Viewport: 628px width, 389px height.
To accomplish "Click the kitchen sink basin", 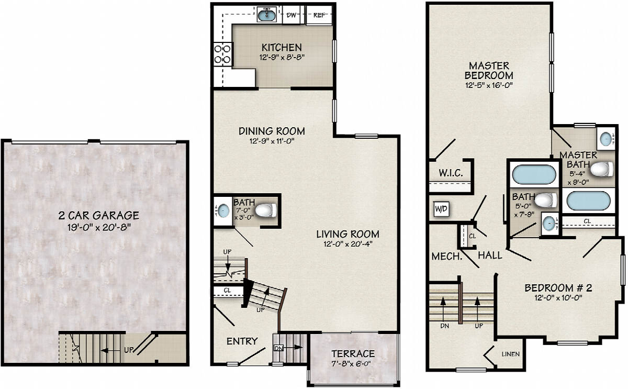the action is (266, 15).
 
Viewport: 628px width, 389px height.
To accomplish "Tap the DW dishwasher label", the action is (291, 15).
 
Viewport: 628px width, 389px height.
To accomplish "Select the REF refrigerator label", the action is (319, 15).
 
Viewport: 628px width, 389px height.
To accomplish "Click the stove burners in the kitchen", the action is (222, 54).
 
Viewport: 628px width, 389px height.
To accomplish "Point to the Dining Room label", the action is (272, 131).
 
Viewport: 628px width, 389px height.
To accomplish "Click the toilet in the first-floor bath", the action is (266, 210).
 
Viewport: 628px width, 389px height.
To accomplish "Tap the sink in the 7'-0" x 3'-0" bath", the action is (223, 210).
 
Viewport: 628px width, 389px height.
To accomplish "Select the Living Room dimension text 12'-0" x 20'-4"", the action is (347, 244).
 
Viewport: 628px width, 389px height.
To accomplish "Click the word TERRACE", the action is (353, 354).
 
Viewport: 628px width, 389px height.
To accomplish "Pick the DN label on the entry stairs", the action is (278, 348).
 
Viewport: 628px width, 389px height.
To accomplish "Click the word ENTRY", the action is (242, 341).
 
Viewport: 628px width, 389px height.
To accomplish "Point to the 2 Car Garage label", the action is (99, 215).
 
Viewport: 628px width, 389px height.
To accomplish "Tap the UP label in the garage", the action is (129, 350).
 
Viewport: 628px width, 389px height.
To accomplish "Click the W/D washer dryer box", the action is (441, 209).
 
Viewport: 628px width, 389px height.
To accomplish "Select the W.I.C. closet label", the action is (451, 173).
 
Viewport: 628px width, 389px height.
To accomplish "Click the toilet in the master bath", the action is (602, 169).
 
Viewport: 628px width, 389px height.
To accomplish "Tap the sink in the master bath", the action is (606, 139).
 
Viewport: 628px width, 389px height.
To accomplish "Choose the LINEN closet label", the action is (511, 354).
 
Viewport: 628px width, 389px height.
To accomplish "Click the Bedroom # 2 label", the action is (558, 288).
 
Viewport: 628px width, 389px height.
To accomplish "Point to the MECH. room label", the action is (447, 256).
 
